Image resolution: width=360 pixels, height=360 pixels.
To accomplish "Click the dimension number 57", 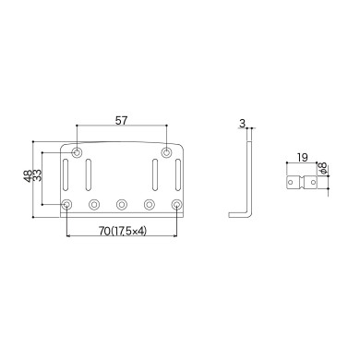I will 122,120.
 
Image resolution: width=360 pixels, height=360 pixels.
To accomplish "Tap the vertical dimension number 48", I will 28,175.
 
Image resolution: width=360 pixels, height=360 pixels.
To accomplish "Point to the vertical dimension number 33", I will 37,175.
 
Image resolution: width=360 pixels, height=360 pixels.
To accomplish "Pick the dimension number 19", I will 303,158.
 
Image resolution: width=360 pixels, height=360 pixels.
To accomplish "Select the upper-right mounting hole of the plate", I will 166,151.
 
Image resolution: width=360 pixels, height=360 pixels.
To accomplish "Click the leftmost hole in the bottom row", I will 67,204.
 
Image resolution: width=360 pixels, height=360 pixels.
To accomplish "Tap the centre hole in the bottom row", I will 122,204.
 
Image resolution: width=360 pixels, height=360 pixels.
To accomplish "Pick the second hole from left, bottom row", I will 94,204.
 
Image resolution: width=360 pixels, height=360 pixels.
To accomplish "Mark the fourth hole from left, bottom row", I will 149,204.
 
